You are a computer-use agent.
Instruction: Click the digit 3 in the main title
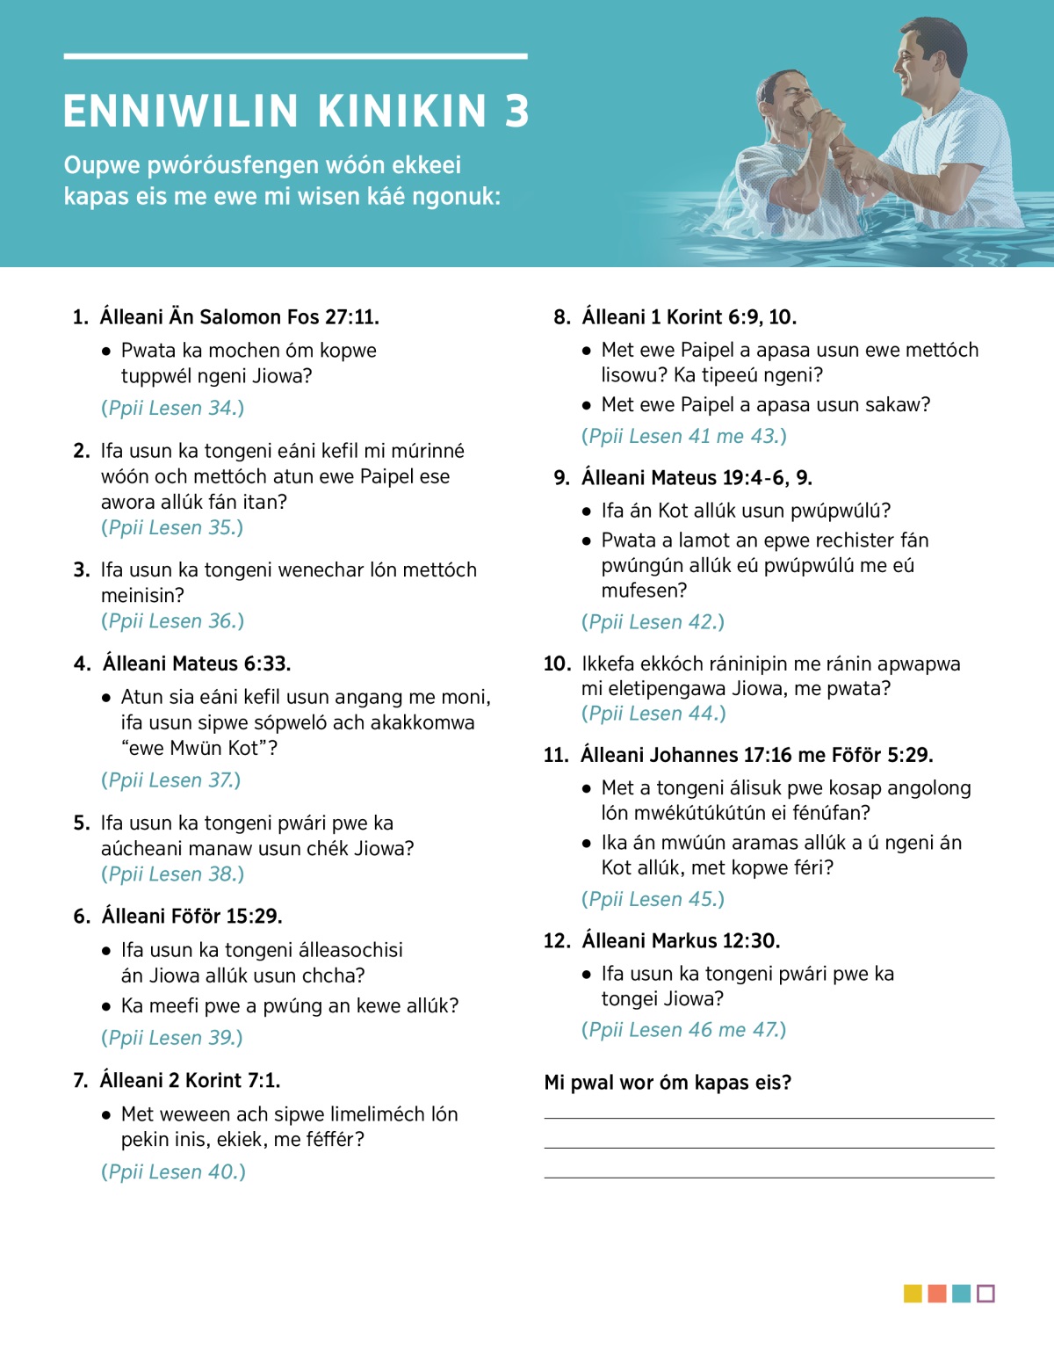517,112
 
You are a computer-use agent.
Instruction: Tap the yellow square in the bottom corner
913,1294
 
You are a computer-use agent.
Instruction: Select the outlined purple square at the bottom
985,1294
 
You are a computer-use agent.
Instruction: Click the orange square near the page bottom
937,1294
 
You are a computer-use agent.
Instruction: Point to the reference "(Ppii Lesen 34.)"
172,408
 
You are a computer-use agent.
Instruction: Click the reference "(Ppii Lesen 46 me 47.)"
683,1029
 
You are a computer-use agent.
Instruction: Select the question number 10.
557,663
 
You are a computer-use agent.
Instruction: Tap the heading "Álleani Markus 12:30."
681,940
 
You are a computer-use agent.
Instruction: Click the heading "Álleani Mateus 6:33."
197,663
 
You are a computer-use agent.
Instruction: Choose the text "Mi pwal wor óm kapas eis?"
668,1082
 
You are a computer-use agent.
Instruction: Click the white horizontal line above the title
295,56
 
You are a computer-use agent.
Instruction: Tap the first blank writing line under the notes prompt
769,1118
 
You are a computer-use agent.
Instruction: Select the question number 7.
81,1080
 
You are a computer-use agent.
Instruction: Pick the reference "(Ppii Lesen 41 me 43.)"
683,436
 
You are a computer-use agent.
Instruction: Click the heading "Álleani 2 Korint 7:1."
191,1080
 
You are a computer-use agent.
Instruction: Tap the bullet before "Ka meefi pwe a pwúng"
106,1006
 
